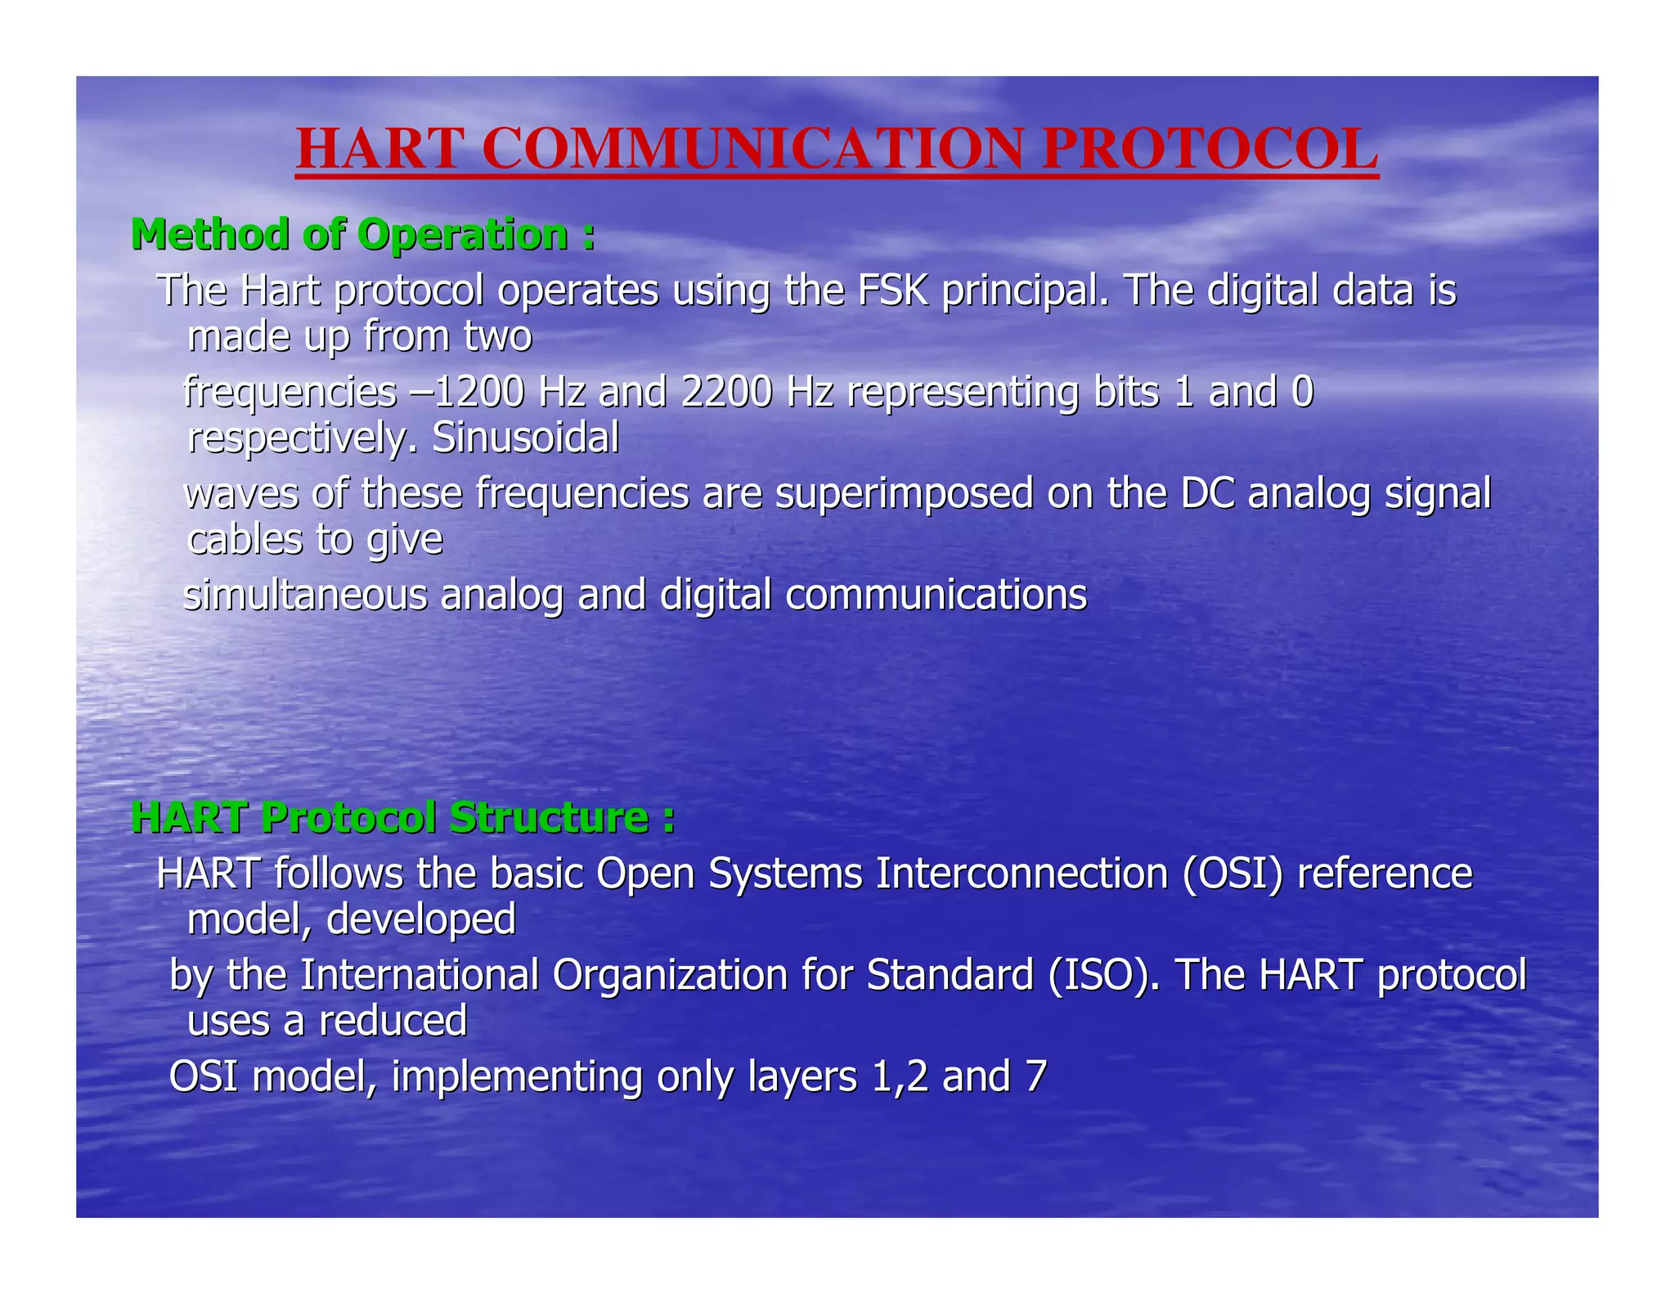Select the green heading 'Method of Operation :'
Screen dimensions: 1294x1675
pos(362,235)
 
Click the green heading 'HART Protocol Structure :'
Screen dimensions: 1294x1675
pos(403,817)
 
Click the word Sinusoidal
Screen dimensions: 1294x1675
pos(525,438)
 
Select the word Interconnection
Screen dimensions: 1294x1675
pos(1022,874)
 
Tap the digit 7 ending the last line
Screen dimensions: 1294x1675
pos(1035,1076)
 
